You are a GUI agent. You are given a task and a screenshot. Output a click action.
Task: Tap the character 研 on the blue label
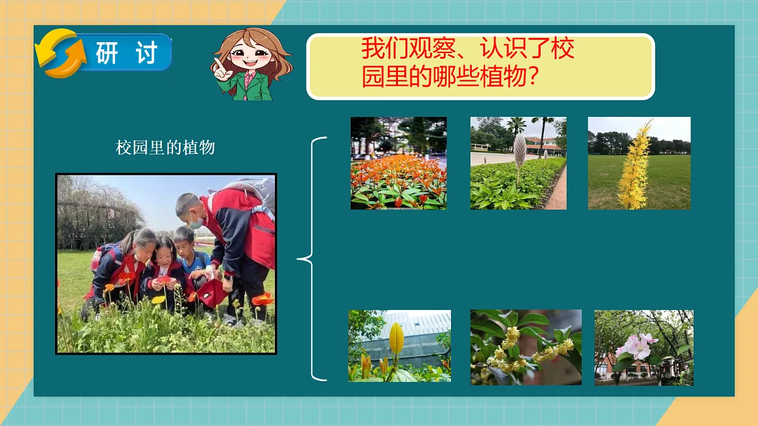point(107,54)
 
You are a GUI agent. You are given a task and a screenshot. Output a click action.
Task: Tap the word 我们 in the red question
point(384,49)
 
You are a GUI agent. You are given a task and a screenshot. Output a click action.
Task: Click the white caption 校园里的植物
point(165,148)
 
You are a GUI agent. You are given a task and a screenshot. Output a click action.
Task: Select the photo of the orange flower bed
point(399,163)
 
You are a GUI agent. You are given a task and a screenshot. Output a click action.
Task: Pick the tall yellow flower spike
point(635,165)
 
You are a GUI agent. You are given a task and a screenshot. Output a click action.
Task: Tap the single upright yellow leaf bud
point(396,339)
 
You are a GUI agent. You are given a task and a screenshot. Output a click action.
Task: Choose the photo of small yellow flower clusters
point(526,347)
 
